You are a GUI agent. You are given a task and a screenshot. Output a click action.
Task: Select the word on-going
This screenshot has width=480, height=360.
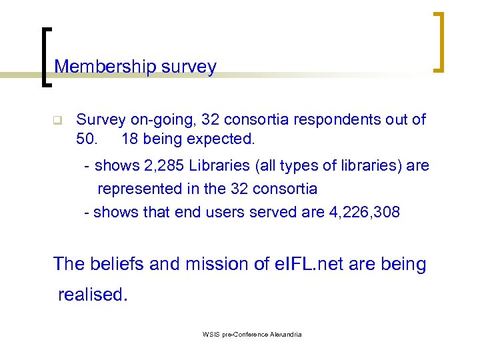(x=173, y=120)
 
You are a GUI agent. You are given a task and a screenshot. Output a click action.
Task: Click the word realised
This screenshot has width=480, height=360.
(x=92, y=295)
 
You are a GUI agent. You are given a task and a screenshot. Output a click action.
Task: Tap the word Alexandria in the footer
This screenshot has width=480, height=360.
(x=283, y=334)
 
